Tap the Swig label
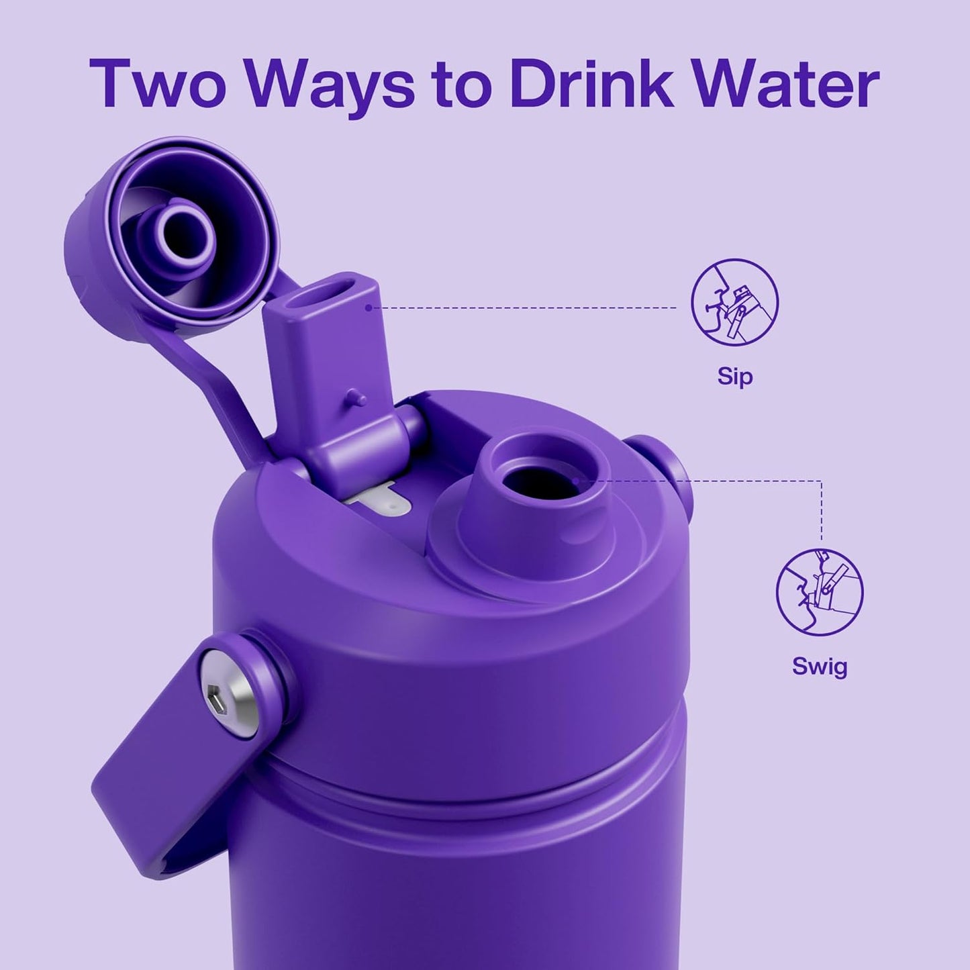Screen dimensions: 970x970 tap(820, 667)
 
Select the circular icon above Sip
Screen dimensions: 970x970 tap(734, 303)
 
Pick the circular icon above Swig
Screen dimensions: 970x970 tap(820, 593)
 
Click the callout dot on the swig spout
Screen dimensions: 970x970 tap(577, 481)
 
